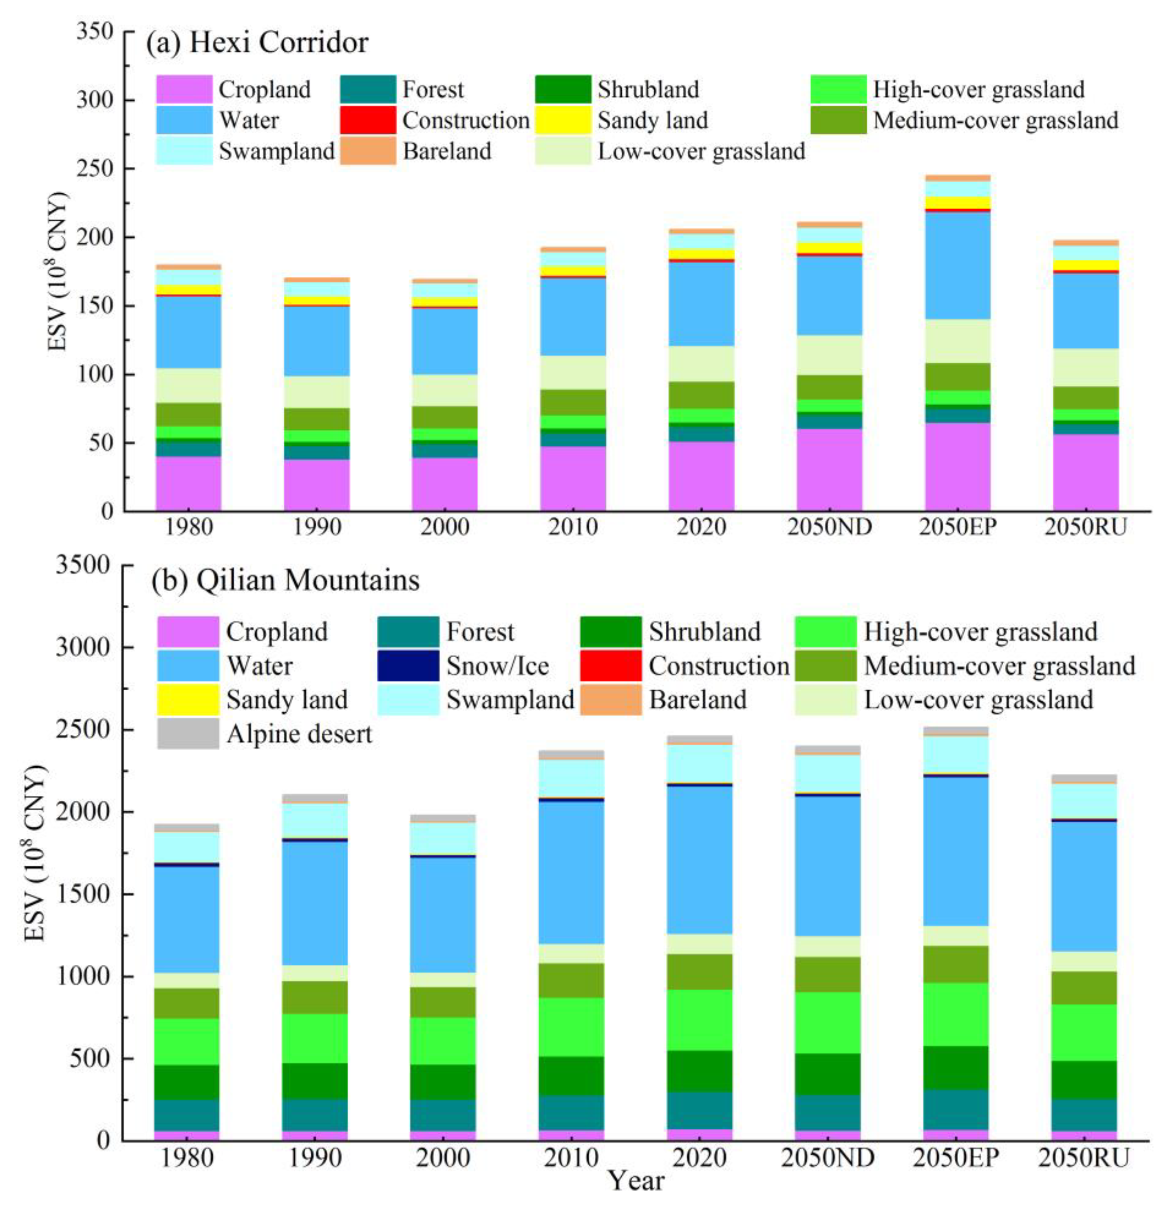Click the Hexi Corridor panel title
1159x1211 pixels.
coord(256,43)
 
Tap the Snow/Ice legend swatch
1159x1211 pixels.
coord(408,665)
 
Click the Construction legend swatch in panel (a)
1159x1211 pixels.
coord(368,120)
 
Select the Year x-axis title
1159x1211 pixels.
coord(636,1181)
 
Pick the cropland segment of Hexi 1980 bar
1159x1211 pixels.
coord(188,483)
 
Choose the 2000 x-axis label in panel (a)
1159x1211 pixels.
coord(445,527)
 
